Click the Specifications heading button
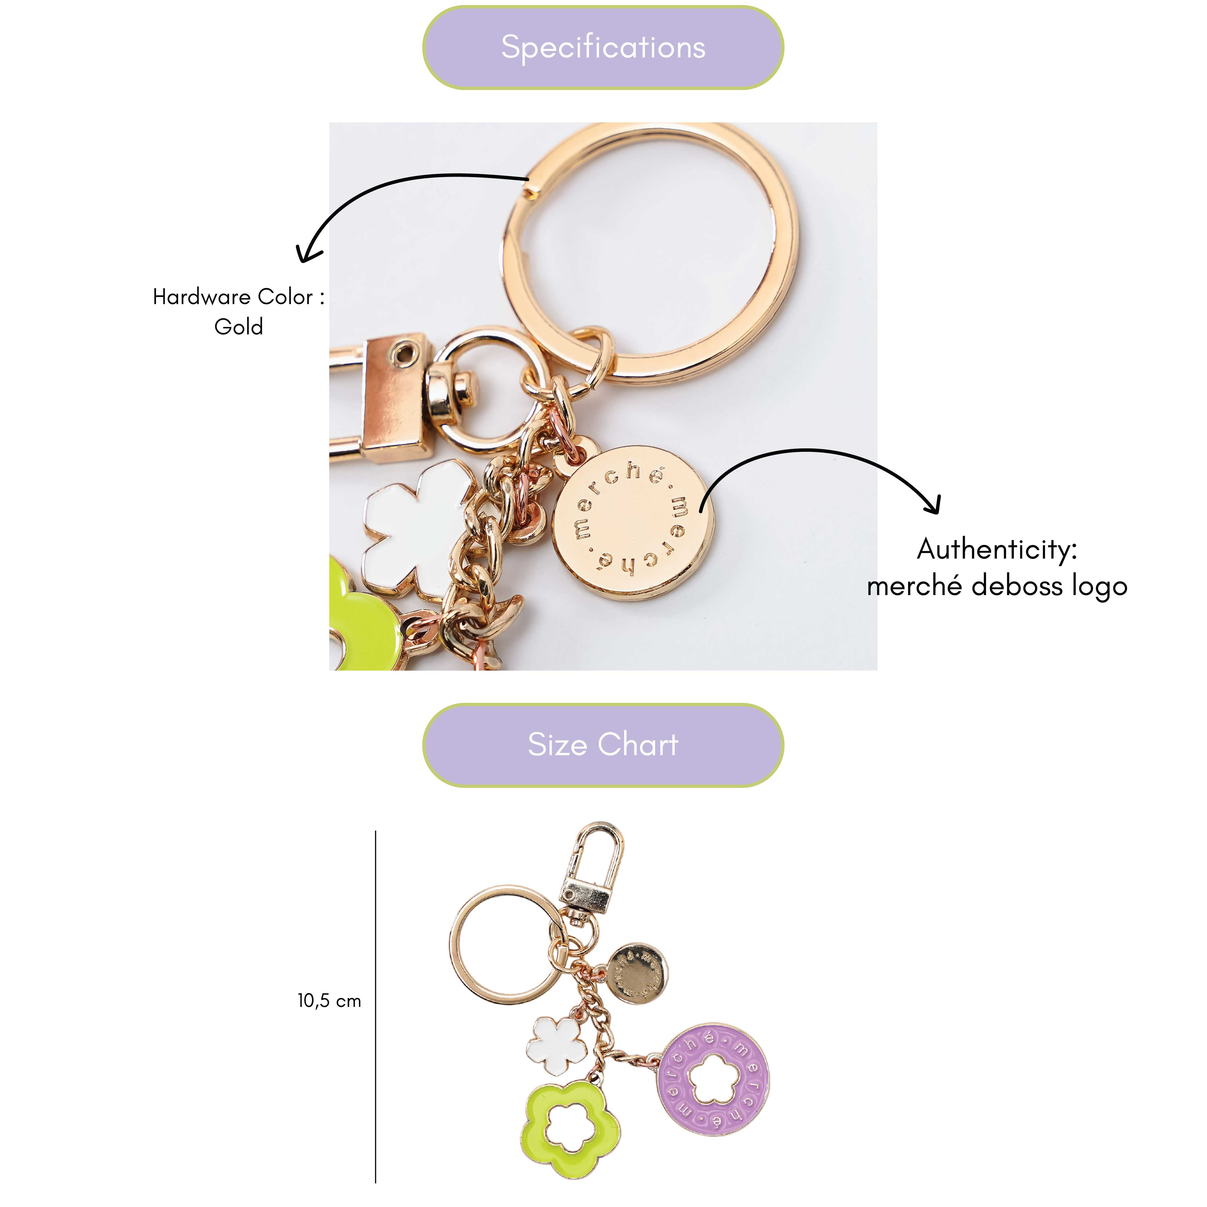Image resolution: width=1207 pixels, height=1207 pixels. (603, 47)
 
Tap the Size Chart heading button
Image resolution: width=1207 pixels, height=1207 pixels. (603, 745)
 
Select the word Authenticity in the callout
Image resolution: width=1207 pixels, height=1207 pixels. (996, 550)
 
